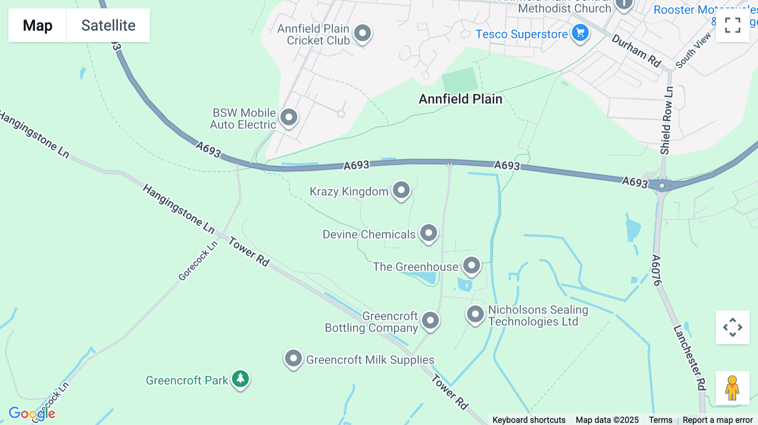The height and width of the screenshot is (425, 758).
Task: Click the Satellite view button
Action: click(108, 25)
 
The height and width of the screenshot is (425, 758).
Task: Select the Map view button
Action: click(37, 25)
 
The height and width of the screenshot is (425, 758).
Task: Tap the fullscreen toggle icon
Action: click(732, 25)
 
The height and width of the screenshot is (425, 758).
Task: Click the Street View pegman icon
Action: click(732, 388)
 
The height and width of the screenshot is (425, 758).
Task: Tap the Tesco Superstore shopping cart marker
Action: click(580, 32)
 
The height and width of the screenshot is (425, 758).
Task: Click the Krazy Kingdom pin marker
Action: click(401, 190)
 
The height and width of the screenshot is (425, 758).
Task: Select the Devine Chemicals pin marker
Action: click(429, 233)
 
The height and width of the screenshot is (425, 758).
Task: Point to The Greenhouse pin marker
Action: click(471, 266)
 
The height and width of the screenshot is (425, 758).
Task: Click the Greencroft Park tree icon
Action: click(240, 379)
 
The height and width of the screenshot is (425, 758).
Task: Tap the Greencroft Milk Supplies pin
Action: click(293, 359)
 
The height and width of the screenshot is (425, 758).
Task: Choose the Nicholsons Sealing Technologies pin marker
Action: click(475, 314)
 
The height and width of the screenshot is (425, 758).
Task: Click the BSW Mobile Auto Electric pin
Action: click(289, 117)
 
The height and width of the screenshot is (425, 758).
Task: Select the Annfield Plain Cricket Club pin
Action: click(362, 33)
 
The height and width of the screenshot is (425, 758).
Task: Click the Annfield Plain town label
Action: click(460, 99)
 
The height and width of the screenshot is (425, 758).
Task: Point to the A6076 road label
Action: click(656, 270)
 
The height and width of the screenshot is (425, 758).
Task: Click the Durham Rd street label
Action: click(636, 51)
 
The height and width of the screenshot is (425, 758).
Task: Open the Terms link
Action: click(660, 420)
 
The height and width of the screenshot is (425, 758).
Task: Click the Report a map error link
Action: click(718, 420)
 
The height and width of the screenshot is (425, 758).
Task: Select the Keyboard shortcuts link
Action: click(529, 420)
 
